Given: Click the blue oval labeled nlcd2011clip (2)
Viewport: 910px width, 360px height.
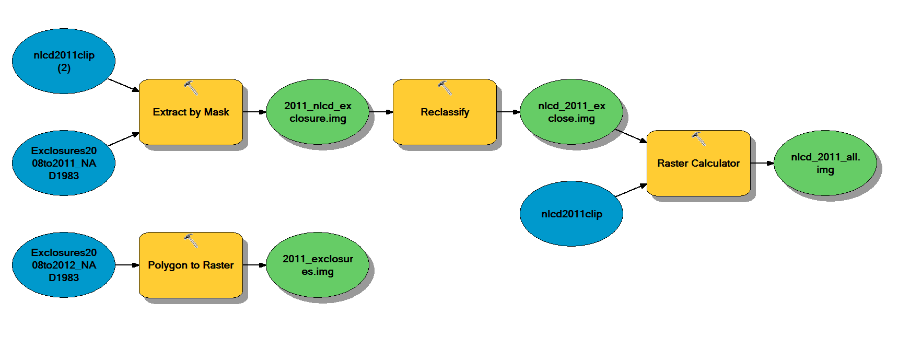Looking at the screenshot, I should [63, 61].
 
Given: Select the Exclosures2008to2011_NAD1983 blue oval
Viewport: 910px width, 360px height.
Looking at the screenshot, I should [63, 163].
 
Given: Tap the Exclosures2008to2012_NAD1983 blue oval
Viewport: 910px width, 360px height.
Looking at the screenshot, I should [63, 265].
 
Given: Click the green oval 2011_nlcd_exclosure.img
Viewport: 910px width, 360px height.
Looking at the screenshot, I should [318, 112].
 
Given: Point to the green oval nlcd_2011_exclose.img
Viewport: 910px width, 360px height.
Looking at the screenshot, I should [571, 112].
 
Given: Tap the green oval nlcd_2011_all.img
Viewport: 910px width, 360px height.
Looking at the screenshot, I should [825, 163].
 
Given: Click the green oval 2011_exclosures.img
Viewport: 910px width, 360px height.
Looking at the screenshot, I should [318, 265].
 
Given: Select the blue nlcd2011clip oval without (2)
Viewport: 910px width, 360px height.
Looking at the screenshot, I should [571, 214].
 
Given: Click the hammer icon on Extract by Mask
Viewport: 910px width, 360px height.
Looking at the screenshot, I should [191, 88].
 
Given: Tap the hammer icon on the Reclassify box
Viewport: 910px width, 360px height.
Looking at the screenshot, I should [445, 88].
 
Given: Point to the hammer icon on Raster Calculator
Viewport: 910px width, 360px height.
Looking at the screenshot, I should [698, 138].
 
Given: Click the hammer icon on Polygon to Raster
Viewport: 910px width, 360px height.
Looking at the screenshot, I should [191, 240].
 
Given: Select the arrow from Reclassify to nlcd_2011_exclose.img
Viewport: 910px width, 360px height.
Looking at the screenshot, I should [508, 112].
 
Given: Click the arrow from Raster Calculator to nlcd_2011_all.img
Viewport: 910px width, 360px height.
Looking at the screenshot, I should [762, 163].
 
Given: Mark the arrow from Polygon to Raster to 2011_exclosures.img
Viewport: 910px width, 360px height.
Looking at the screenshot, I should [254, 265].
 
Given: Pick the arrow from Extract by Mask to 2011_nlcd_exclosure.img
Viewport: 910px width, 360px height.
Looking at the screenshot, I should [254, 112].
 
